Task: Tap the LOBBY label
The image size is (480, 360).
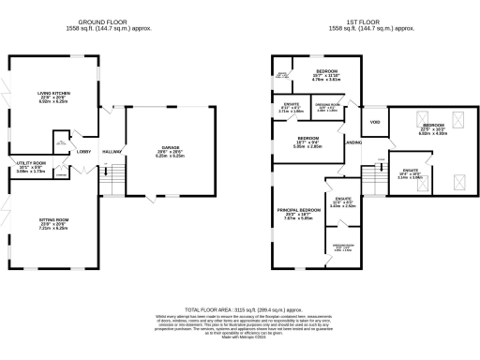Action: coord(83,151)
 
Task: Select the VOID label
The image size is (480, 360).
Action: coord(374,122)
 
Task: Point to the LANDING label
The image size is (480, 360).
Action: coord(353,142)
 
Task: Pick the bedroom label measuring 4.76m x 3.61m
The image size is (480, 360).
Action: coord(326,71)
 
